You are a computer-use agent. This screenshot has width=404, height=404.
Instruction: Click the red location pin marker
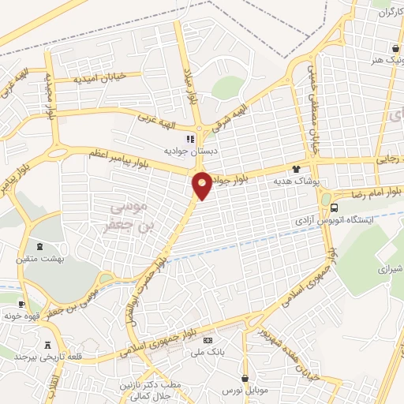click(202, 185)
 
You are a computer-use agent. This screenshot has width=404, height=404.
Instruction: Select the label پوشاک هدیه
click(294, 181)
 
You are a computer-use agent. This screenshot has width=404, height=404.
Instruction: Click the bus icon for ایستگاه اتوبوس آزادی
click(335, 208)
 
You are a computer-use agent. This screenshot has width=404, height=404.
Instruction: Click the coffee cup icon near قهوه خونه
click(21, 304)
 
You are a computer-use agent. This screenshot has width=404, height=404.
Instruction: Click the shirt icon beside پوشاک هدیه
click(296, 168)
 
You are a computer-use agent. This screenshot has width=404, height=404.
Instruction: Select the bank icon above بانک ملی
click(208, 339)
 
